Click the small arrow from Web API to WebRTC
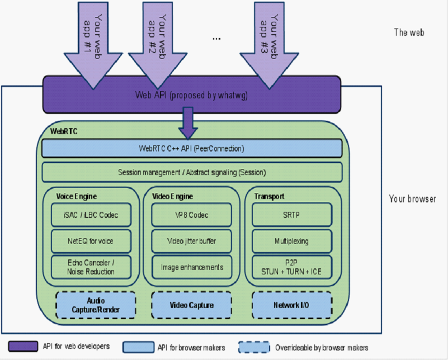tap(188, 124)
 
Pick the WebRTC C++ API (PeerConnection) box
tap(192, 149)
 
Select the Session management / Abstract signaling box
tap(192, 172)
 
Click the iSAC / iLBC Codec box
tap(91, 215)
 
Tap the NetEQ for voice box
tap(91, 241)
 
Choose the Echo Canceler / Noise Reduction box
tap(91, 267)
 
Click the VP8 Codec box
tap(191, 215)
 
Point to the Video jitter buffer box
tap(191, 241)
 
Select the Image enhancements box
tap(191, 267)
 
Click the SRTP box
tap(292, 215)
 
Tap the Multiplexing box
tap(292, 241)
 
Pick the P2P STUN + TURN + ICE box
tap(292, 267)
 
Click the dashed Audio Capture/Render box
tap(96, 305)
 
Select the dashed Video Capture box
tap(191, 305)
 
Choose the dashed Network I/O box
tap(292, 305)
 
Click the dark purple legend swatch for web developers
tap(23, 347)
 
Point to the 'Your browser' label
tap(412, 198)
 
